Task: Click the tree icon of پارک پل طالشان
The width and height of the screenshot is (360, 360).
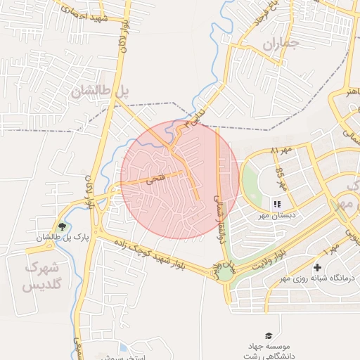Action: point(63,226)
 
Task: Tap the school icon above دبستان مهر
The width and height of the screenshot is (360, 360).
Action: point(287,205)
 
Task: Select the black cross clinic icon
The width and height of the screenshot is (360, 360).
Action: point(318,268)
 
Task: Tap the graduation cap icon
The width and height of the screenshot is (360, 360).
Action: point(268,336)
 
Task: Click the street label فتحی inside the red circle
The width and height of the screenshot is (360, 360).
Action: point(153,179)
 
